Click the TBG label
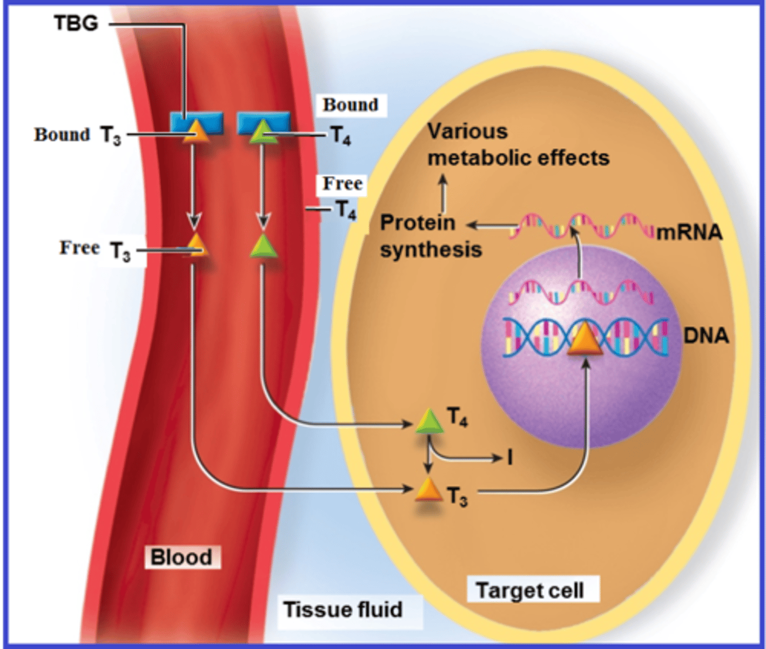tap(76, 23)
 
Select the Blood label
tap(182, 557)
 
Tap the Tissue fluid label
tap(343, 610)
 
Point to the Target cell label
tap(530, 590)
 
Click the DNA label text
tap(706, 335)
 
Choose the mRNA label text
tap(690, 232)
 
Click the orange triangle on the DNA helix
tap(585, 339)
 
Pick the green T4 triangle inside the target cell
tap(429, 421)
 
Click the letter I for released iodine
tap(509, 458)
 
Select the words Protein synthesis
tap(430, 236)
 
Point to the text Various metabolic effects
tap(518, 145)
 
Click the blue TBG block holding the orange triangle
tap(197, 122)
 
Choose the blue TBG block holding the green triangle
tap(264, 122)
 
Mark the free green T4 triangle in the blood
tap(263, 247)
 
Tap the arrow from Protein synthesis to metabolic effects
tap(443, 193)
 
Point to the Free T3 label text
tap(95, 249)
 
